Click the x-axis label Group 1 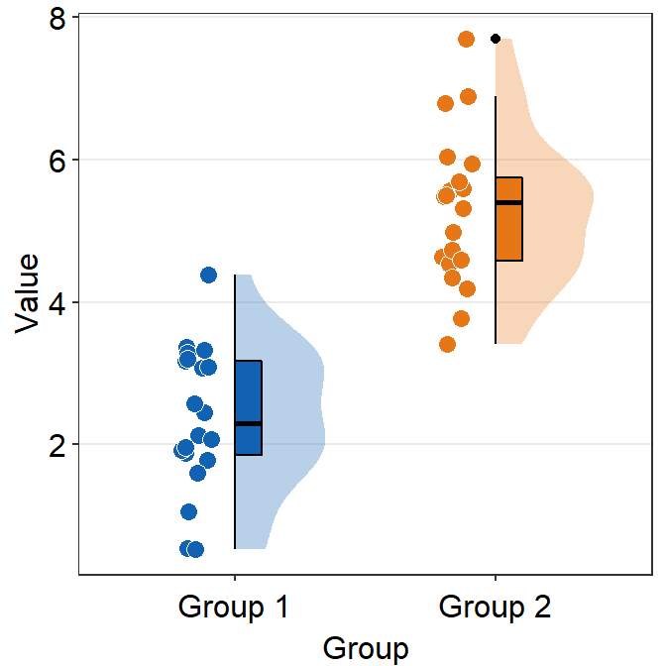(x=234, y=606)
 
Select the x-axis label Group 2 (x=495, y=606)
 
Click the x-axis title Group (x=365, y=648)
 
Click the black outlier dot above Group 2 (x=496, y=39)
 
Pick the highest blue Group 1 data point (x=208, y=275)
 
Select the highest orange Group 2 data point (x=467, y=39)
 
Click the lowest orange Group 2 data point (x=448, y=344)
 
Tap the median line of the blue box (x=248, y=423)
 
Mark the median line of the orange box (x=508, y=202)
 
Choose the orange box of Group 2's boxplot (x=508, y=233)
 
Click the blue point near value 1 (x=188, y=511)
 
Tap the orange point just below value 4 (x=461, y=318)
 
